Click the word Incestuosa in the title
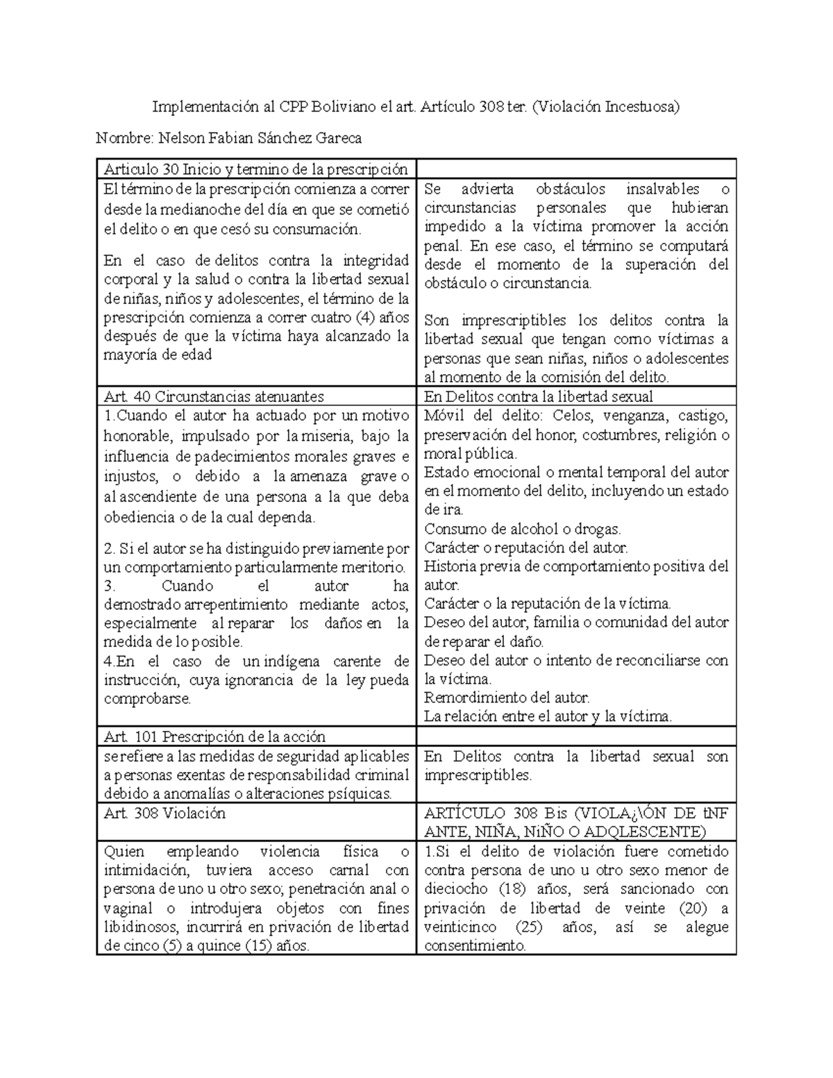[641, 107]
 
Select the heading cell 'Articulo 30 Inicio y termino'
[255, 169]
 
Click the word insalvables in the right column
[663, 189]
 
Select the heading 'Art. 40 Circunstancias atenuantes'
[214, 396]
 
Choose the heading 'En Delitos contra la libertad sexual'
[539, 396]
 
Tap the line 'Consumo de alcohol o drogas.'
[523, 529]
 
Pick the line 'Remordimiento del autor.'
[507, 698]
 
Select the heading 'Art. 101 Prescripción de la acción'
[214, 736]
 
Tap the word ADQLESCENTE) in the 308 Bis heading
[646, 832]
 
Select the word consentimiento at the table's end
[475, 945]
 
